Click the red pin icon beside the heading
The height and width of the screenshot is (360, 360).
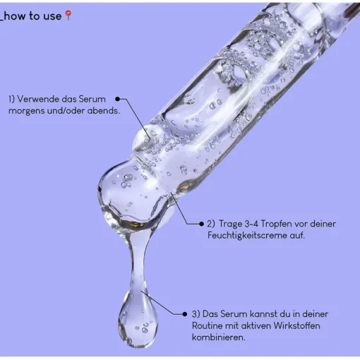click(68, 16)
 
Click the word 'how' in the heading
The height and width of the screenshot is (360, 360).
click(15, 16)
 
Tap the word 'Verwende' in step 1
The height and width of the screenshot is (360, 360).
click(38, 99)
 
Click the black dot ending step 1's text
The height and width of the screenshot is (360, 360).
click(118, 99)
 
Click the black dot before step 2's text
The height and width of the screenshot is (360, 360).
click(201, 224)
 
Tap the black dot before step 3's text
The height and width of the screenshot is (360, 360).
click(185, 314)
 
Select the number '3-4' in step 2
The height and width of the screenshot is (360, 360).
click(251, 224)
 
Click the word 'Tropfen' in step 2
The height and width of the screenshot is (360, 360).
click(276, 224)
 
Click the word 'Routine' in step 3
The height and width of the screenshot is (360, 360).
click(208, 325)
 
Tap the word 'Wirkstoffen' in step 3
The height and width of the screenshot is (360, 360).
click(296, 325)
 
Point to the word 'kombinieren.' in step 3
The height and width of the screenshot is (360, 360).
click(219, 337)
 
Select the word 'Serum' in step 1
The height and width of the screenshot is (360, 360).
click(92, 99)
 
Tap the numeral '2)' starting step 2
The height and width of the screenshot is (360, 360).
click(211, 224)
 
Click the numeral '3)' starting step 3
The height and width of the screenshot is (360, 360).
click(196, 314)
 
